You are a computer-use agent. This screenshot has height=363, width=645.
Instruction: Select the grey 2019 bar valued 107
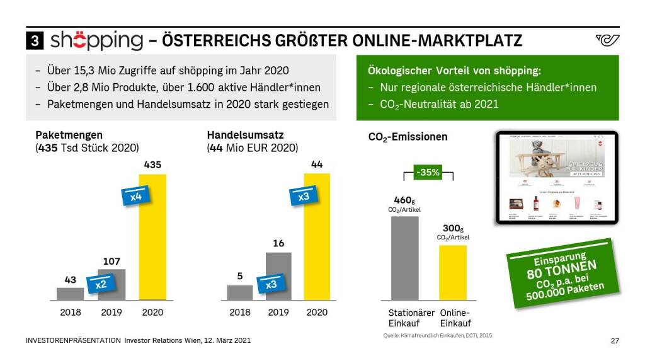111,284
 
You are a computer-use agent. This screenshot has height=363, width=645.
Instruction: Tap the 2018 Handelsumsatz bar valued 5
239,292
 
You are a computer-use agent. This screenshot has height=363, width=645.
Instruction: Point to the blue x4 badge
135,195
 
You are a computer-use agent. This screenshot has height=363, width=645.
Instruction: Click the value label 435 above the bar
152,164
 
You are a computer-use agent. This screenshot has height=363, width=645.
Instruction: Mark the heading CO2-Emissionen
408,136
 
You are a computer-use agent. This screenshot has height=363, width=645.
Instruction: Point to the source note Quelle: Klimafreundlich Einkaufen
437,336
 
